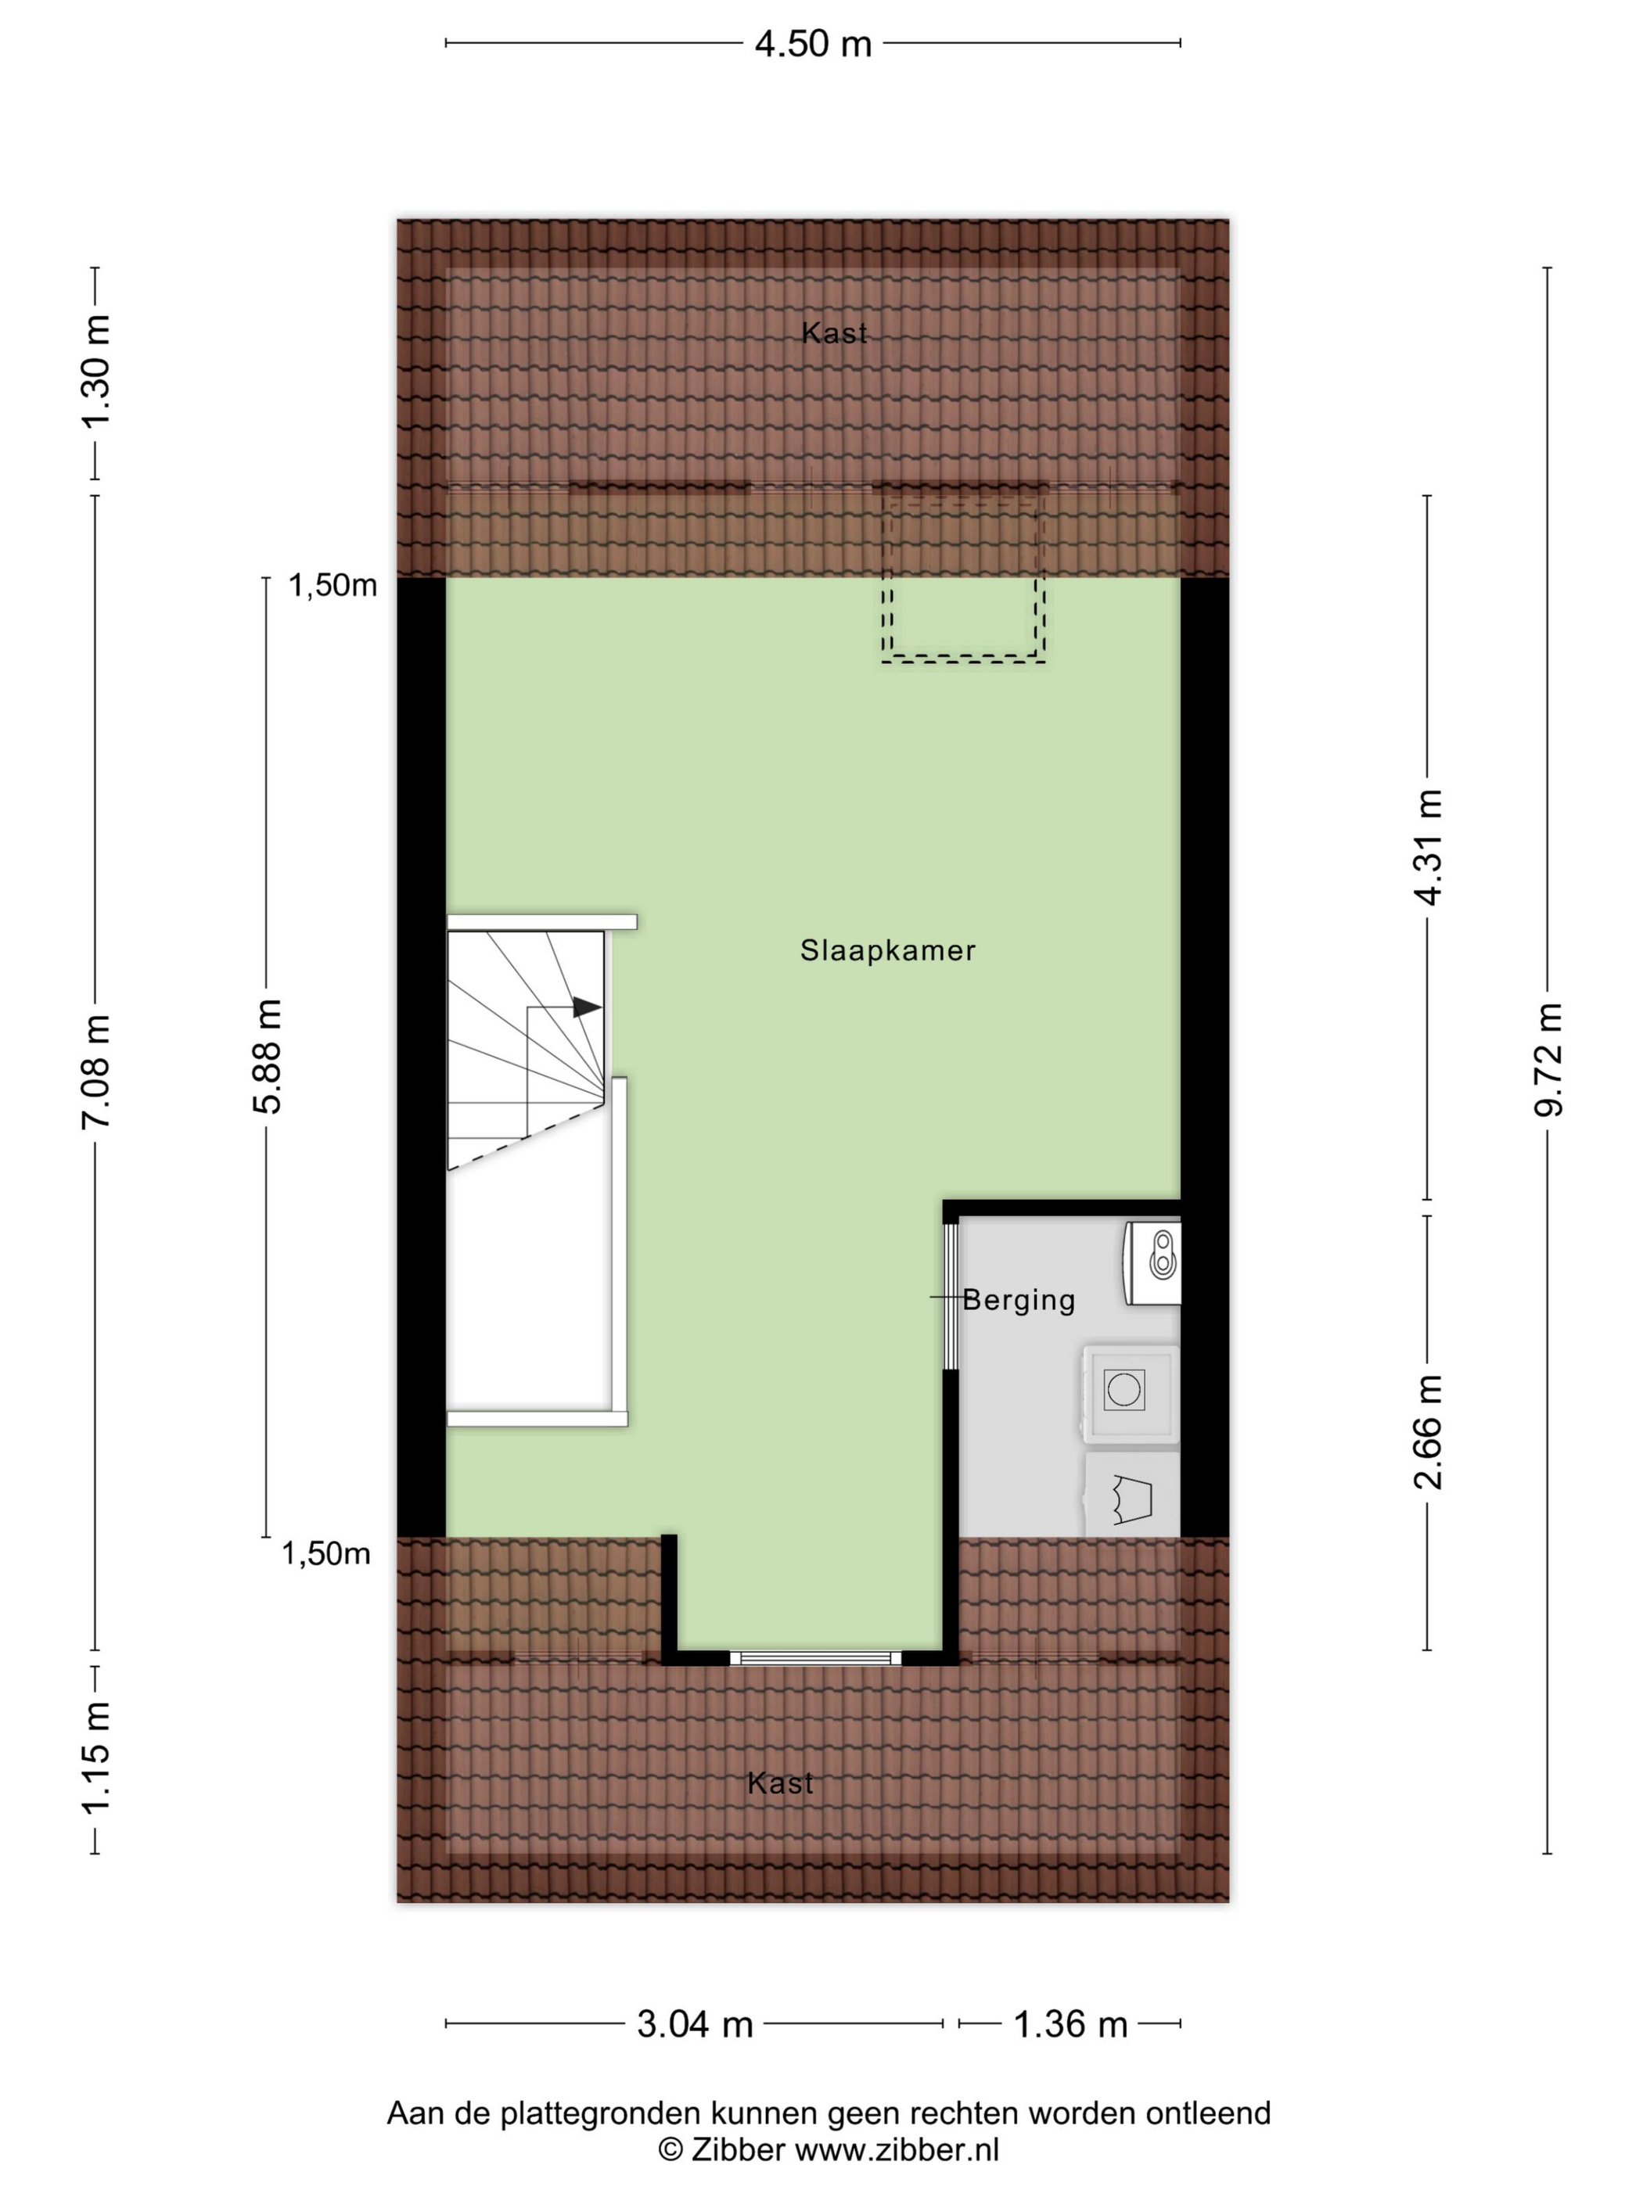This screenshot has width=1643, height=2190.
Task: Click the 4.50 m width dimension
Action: tap(812, 44)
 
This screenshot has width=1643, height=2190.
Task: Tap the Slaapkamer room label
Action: tap(887, 950)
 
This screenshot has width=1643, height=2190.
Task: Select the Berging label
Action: tap(1018, 1300)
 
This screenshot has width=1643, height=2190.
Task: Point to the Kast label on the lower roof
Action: tap(780, 1783)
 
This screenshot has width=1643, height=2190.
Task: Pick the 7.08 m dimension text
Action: tap(97, 1072)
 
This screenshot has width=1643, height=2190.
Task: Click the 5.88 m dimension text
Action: tap(268, 1057)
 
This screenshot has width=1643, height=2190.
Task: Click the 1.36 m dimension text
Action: tap(1070, 2025)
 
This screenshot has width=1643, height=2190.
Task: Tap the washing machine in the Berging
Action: tap(1130, 1393)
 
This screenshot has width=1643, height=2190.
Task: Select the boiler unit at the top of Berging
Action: tap(1152, 1262)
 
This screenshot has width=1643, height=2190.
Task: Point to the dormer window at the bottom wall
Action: tap(815, 1658)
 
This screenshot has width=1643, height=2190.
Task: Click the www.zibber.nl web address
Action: tap(897, 2149)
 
